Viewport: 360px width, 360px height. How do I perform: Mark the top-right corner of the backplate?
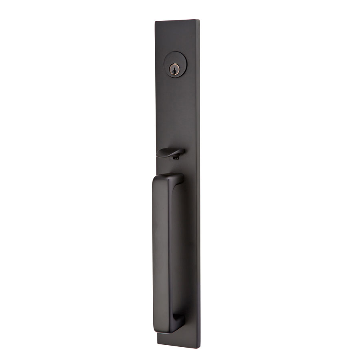pyautogui.click(x=199, y=19)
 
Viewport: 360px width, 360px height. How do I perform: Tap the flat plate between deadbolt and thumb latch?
pyautogui.click(x=176, y=112)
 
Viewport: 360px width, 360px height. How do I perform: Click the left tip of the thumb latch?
pyautogui.click(x=158, y=153)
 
